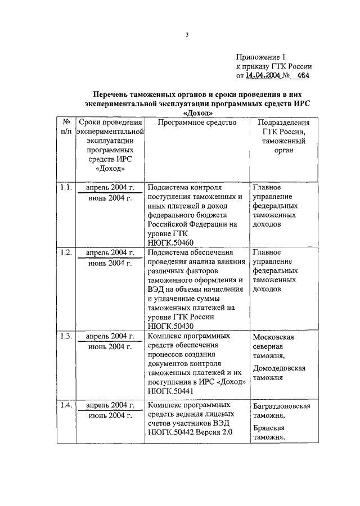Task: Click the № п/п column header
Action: pos(66,127)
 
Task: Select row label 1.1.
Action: pos(66,188)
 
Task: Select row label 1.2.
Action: pos(66,253)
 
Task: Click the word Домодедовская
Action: pos(279,368)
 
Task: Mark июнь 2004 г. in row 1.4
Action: pos(110,415)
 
